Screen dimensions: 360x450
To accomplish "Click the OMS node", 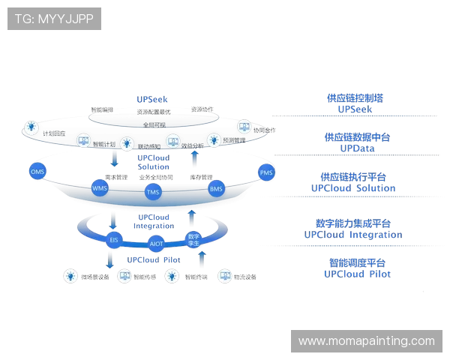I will point(38,171).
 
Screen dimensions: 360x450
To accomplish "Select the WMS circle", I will point(100,187).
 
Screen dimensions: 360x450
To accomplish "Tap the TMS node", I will point(153,193).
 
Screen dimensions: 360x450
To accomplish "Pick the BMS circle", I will point(216,188).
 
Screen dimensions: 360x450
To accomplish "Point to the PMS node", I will point(266,172).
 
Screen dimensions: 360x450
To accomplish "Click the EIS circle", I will point(114,240).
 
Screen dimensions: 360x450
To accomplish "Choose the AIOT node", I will point(156,244).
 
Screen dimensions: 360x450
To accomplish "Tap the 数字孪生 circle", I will point(193,239).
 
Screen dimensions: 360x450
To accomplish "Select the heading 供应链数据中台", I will point(356,138).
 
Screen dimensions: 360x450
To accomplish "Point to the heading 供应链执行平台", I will point(353,178).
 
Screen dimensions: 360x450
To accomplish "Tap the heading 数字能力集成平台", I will point(352,223).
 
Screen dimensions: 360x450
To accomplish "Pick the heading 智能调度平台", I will point(357,263).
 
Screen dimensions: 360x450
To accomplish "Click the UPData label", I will point(357,148).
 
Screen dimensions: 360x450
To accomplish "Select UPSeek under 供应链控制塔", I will point(355,109).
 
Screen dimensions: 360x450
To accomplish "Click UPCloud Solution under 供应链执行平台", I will point(353,188).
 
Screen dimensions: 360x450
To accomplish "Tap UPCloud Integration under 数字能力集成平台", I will point(352,234).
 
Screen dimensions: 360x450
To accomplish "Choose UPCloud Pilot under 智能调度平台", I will point(357,274).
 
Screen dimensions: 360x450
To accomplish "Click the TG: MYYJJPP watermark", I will point(54,19).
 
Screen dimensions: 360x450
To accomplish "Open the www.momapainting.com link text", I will point(366,341).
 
